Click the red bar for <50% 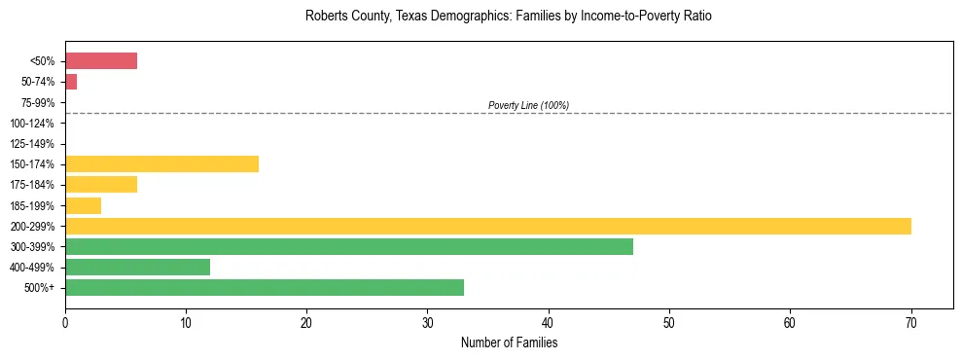101,61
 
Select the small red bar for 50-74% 71,82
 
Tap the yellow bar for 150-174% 161,163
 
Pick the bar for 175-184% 101,184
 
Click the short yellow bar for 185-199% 83,205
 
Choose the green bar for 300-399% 349,246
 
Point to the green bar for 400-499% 137,267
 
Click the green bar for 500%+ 265,287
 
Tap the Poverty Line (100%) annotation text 528,105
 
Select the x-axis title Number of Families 509,342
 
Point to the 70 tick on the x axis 911,321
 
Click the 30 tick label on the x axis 428,321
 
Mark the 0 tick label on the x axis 65,321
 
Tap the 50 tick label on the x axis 669,321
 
